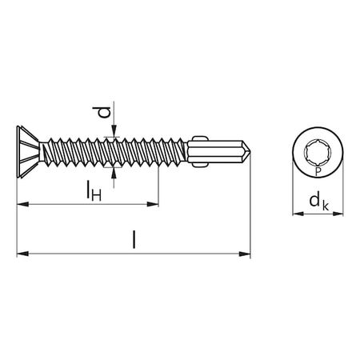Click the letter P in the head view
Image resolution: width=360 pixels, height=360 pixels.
point(317,171)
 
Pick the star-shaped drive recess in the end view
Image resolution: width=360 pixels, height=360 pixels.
point(317,152)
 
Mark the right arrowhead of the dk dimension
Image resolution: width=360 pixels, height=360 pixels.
point(342,214)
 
